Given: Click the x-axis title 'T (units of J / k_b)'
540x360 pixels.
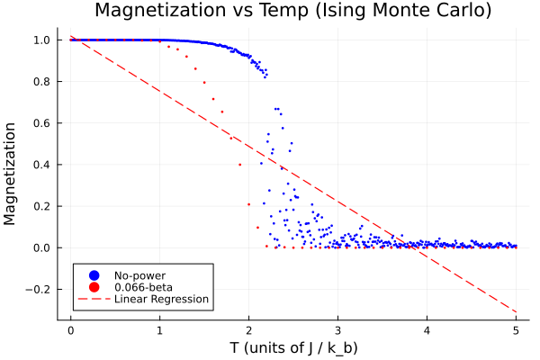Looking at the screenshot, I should (292, 347).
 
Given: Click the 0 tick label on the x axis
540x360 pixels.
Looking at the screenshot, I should (70, 329).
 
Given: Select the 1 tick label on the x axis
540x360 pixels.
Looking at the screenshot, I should (159, 329).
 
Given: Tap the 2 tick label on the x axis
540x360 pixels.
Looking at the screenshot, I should (248, 329).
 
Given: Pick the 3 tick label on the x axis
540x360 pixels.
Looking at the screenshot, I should (337, 329).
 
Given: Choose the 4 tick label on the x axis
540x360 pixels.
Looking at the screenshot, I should (427, 329).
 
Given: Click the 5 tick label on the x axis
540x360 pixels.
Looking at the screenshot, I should (516, 329).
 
